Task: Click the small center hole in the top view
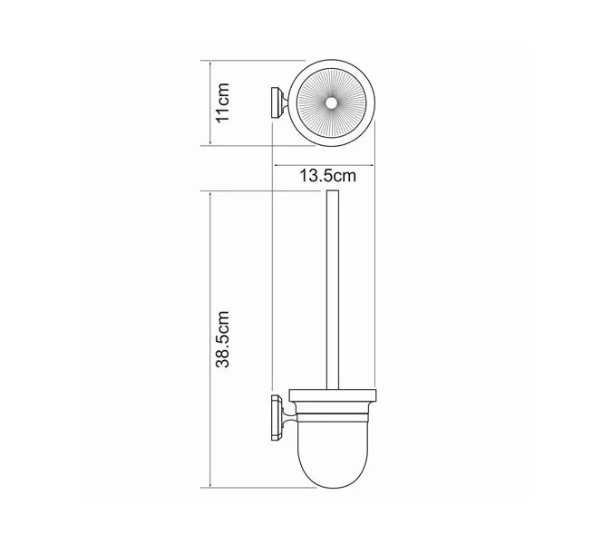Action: (x=335, y=105)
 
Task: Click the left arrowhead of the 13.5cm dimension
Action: (x=275, y=162)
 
